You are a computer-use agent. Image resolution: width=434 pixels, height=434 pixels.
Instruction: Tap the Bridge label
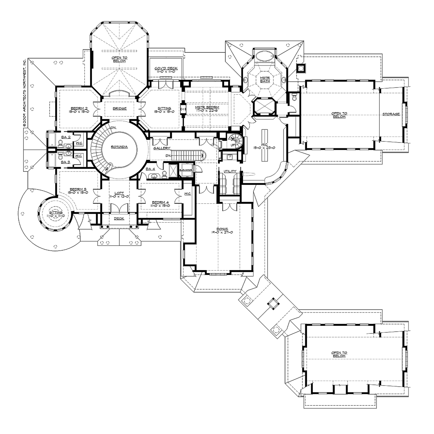(120, 108)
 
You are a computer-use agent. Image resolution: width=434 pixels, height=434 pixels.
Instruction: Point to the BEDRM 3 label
(78, 189)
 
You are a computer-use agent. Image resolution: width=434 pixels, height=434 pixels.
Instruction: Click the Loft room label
(119, 193)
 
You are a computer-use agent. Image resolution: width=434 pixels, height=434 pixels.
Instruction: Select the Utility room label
(230, 171)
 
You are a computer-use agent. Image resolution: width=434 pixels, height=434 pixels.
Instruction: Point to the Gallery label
(162, 148)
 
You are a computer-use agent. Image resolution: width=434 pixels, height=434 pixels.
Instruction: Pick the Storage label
(391, 114)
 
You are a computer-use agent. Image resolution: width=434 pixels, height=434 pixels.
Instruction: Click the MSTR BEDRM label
(207, 108)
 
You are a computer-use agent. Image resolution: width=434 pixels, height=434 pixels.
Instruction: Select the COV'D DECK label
(166, 68)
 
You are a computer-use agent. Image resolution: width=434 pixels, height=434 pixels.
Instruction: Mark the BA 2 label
(65, 137)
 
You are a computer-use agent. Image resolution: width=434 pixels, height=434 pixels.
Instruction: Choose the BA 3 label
(65, 162)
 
